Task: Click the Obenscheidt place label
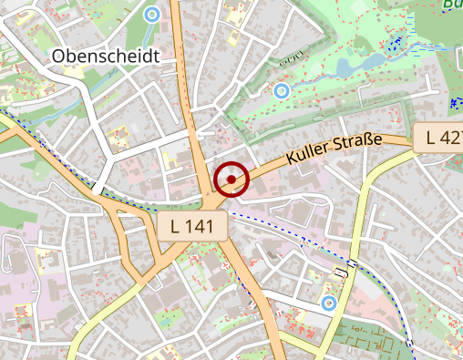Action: (x=106, y=56)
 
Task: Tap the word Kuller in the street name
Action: (x=307, y=154)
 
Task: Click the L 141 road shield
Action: (x=191, y=228)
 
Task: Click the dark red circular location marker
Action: (x=232, y=179)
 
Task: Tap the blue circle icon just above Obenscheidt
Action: (x=151, y=14)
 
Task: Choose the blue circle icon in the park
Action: (x=282, y=90)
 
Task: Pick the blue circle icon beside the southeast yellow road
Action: (x=329, y=302)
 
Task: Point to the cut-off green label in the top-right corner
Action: (x=452, y=4)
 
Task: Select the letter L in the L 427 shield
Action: (x=427, y=139)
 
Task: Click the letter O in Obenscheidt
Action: (x=59, y=57)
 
